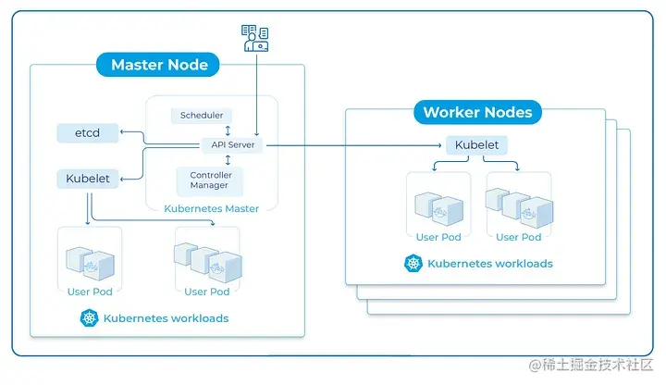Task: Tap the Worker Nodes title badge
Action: coord(477,113)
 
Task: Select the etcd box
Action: coord(87,133)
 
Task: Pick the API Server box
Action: coord(232,145)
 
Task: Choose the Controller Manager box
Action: coord(211,180)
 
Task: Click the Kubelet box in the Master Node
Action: coord(87,178)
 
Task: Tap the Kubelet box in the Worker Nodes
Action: coord(478,145)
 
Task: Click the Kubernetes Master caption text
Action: coord(212,208)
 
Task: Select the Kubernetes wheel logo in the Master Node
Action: coord(90,317)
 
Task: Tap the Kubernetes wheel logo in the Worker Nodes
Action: coord(413,264)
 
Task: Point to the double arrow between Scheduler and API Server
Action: coord(227,130)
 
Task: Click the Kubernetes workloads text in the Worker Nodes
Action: coord(490,264)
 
